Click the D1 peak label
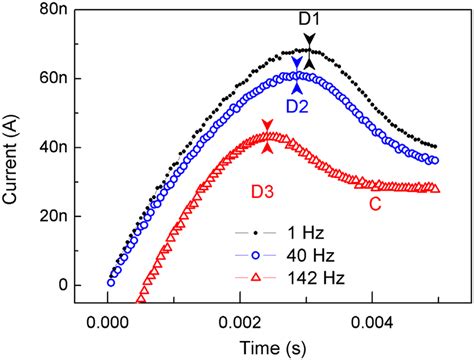[308, 18]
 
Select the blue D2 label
[297, 105]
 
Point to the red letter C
[376, 207]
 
